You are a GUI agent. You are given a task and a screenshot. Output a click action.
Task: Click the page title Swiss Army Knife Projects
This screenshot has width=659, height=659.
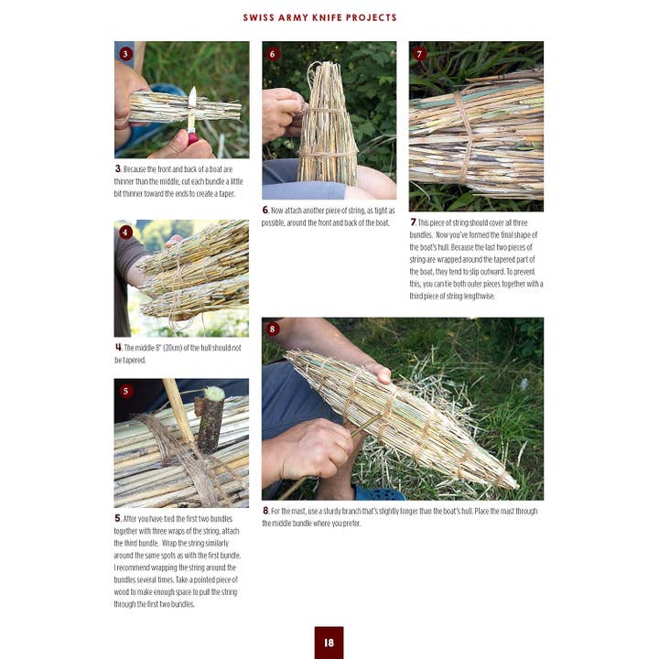[319, 17]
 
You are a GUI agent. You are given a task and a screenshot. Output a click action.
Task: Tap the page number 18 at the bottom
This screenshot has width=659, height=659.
[329, 643]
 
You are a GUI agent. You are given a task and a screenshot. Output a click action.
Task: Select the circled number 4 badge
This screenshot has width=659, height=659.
[125, 232]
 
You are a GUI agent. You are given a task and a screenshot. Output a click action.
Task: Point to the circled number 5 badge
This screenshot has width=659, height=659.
[125, 391]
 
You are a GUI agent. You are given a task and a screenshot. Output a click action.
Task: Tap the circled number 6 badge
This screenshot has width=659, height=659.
[273, 54]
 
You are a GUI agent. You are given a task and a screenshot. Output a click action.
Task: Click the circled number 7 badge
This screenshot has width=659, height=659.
[419, 54]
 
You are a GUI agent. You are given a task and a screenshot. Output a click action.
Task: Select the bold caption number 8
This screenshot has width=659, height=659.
[265, 511]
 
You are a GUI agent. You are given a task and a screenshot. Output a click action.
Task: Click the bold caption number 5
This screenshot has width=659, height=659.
[118, 519]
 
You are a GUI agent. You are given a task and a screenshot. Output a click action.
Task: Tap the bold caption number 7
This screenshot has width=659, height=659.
[413, 222]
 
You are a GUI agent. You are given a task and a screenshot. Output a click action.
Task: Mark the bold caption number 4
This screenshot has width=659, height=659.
[118, 348]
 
